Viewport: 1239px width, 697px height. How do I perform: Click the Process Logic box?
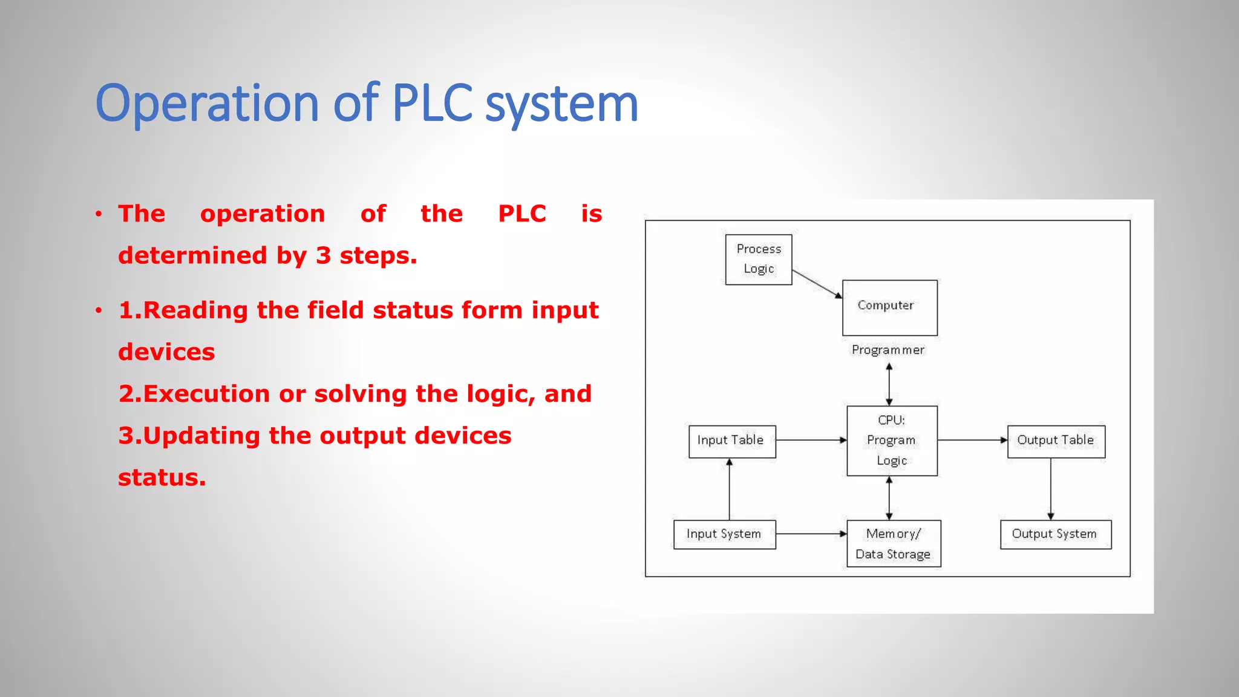pyautogui.click(x=758, y=260)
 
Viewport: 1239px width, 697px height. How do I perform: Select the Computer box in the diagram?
pyautogui.click(x=889, y=307)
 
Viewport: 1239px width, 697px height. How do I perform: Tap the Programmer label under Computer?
pyautogui.click(x=888, y=350)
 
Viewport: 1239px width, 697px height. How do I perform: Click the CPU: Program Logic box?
pyautogui.click(x=892, y=440)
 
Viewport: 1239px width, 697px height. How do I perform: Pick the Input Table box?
pyautogui.click(x=731, y=441)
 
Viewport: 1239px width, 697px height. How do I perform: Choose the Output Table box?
pyautogui.click(x=1056, y=441)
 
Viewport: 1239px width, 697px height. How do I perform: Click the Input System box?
pyautogui.click(x=724, y=534)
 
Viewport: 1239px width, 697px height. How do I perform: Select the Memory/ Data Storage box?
pyautogui.click(x=893, y=543)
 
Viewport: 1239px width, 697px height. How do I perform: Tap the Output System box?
pyautogui.click(x=1055, y=534)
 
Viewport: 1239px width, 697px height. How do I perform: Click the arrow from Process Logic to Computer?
pyautogui.click(x=817, y=284)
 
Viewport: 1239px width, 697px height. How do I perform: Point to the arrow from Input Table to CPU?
pyautogui.click(x=811, y=440)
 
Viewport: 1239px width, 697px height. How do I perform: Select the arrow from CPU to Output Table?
pyautogui.click(x=972, y=440)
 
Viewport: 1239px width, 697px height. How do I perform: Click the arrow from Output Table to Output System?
pyautogui.click(x=1051, y=488)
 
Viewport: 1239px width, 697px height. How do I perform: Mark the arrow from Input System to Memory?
pyautogui.click(x=811, y=534)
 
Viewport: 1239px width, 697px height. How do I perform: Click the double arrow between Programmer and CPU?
pyautogui.click(x=889, y=384)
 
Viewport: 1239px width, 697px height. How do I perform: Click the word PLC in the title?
pyautogui.click(x=432, y=103)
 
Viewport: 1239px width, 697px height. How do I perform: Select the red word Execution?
pyautogui.click(x=206, y=394)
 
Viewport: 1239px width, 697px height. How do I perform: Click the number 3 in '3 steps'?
pyautogui.click(x=323, y=255)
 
